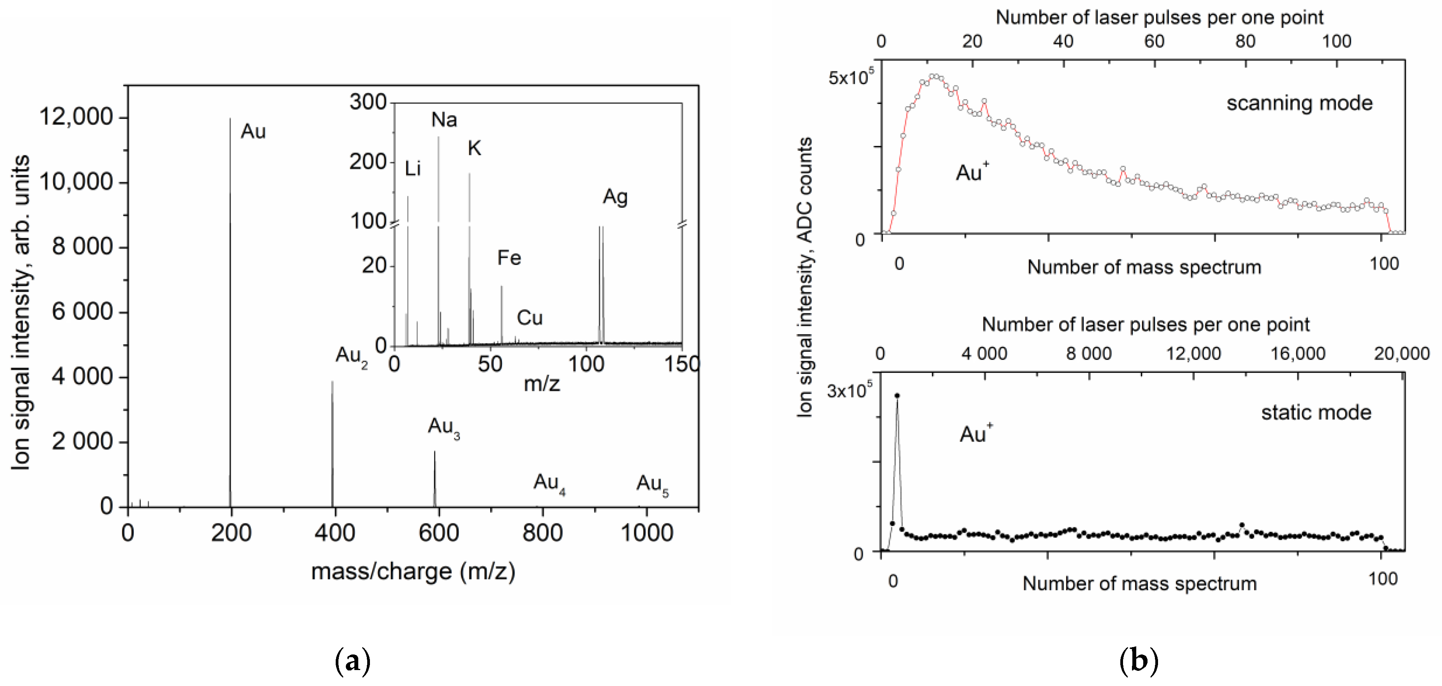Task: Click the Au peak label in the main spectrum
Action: (x=253, y=132)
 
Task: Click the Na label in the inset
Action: (x=444, y=120)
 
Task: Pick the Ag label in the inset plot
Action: (x=615, y=197)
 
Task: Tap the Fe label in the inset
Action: (x=509, y=258)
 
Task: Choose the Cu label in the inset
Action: (x=529, y=318)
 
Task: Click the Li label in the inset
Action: (x=413, y=168)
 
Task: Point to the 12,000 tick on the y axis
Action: (x=76, y=117)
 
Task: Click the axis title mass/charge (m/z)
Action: (x=413, y=572)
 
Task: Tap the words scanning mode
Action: (x=1299, y=103)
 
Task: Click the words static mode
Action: (x=1316, y=413)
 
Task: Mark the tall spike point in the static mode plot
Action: (x=897, y=395)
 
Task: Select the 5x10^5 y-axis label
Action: (x=850, y=77)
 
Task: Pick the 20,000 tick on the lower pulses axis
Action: (x=1402, y=354)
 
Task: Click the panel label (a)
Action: (x=353, y=661)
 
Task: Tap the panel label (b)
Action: (x=1139, y=661)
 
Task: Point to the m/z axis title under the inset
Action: (x=541, y=384)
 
